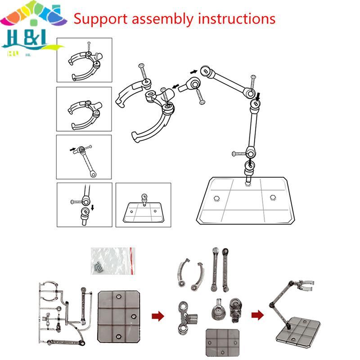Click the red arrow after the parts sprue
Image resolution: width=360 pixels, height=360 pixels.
[x=157, y=313]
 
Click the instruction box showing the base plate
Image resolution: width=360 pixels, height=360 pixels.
[x=143, y=205]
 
